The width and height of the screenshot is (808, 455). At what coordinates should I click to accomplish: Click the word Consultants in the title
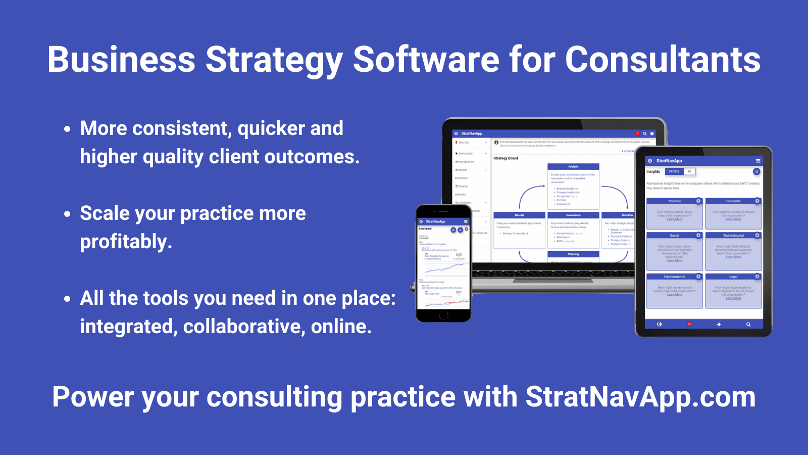coord(662,60)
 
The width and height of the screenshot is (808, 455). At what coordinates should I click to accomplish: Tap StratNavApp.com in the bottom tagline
coord(640,397)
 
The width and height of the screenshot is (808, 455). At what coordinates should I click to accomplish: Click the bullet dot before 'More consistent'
coord(67,129)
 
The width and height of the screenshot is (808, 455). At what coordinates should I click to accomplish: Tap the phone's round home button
coord(443,315)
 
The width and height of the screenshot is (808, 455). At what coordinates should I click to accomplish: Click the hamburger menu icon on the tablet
coord(757,161)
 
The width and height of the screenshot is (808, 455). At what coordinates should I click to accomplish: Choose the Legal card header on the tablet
coord(733,277)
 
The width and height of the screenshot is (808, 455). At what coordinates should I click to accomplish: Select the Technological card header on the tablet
coord(733,236)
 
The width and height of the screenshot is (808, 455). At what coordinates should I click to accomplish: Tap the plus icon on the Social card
coord(698,235)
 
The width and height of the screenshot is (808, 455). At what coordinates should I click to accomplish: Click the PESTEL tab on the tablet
coord(675,171)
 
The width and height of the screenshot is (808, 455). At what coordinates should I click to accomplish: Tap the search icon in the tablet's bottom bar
coord(748,325)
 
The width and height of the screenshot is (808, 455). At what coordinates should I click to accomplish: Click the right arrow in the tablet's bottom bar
coord(719,325)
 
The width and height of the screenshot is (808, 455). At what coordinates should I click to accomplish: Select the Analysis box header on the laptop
coord(573,166)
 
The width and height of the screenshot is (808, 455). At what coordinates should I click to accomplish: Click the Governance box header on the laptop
coord(573,215)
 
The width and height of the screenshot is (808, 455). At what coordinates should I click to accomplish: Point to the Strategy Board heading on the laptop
coord(506,158)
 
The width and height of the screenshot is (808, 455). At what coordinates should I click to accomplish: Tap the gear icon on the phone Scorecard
coord(467,230)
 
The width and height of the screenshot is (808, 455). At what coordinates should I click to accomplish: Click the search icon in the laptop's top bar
coord(644,133)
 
